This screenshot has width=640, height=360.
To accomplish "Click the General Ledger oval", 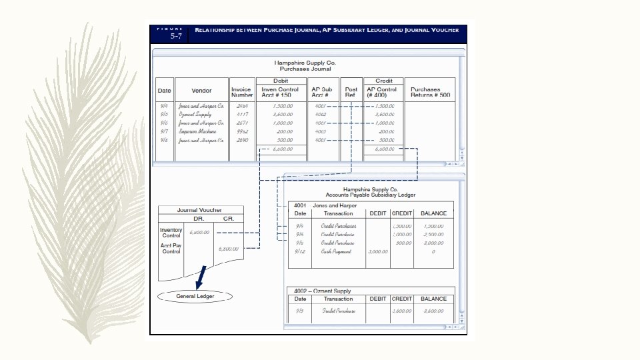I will coord(195,296).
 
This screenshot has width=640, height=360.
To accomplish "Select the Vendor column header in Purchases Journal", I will coord(201,90).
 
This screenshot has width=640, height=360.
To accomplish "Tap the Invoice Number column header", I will coord(242,92).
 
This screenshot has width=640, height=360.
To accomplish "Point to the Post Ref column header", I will coord(351,92).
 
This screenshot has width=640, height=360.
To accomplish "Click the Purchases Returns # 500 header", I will coord(430,92).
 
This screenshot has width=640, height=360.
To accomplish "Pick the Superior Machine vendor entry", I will coord(201,132).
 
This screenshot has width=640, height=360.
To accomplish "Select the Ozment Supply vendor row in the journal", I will coord(195,114).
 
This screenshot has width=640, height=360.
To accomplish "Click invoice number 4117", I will coord(242,114).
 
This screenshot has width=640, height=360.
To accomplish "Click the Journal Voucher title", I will coord(200,210).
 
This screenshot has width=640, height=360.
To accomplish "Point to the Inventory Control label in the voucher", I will coord(171,233).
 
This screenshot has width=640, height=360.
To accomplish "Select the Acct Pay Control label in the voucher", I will coord(171,249).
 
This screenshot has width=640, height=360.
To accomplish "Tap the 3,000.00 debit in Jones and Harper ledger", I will coord(377,251).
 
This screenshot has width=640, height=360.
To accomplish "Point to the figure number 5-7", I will coord(176,37).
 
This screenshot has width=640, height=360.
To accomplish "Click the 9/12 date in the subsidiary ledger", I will coord(300,251).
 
